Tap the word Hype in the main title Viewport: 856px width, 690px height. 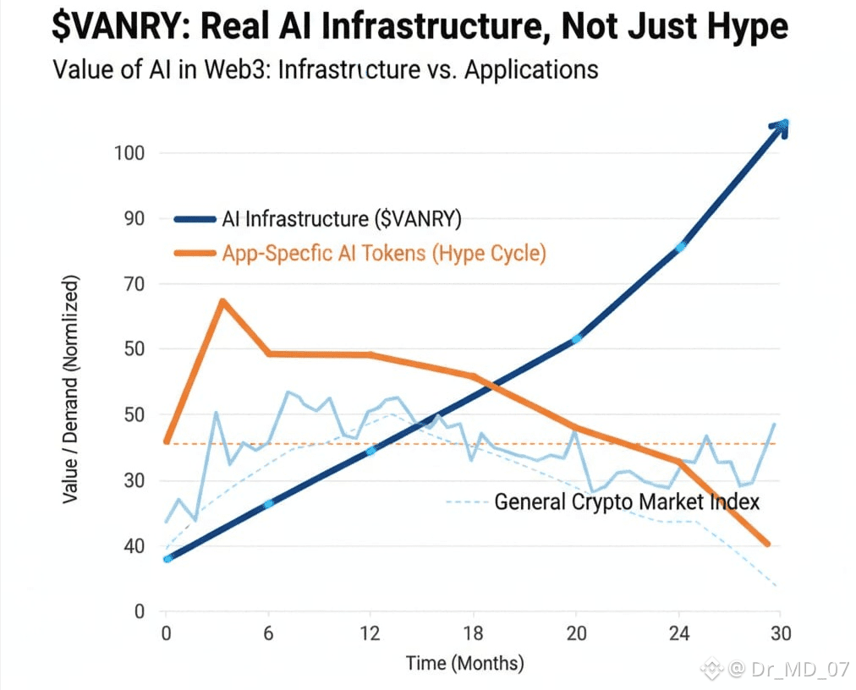coord(742,28)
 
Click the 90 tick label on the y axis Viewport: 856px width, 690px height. coord(135,219)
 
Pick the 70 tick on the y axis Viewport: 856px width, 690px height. coord(135,284)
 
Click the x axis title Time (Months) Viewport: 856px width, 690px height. coord(464,663)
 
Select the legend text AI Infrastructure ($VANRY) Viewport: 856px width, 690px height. coord(342,219)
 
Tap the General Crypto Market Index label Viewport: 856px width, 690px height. coord(627,501)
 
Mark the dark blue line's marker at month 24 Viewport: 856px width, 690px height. coord(679,247)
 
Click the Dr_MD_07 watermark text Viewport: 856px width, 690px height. coord(799,670)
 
